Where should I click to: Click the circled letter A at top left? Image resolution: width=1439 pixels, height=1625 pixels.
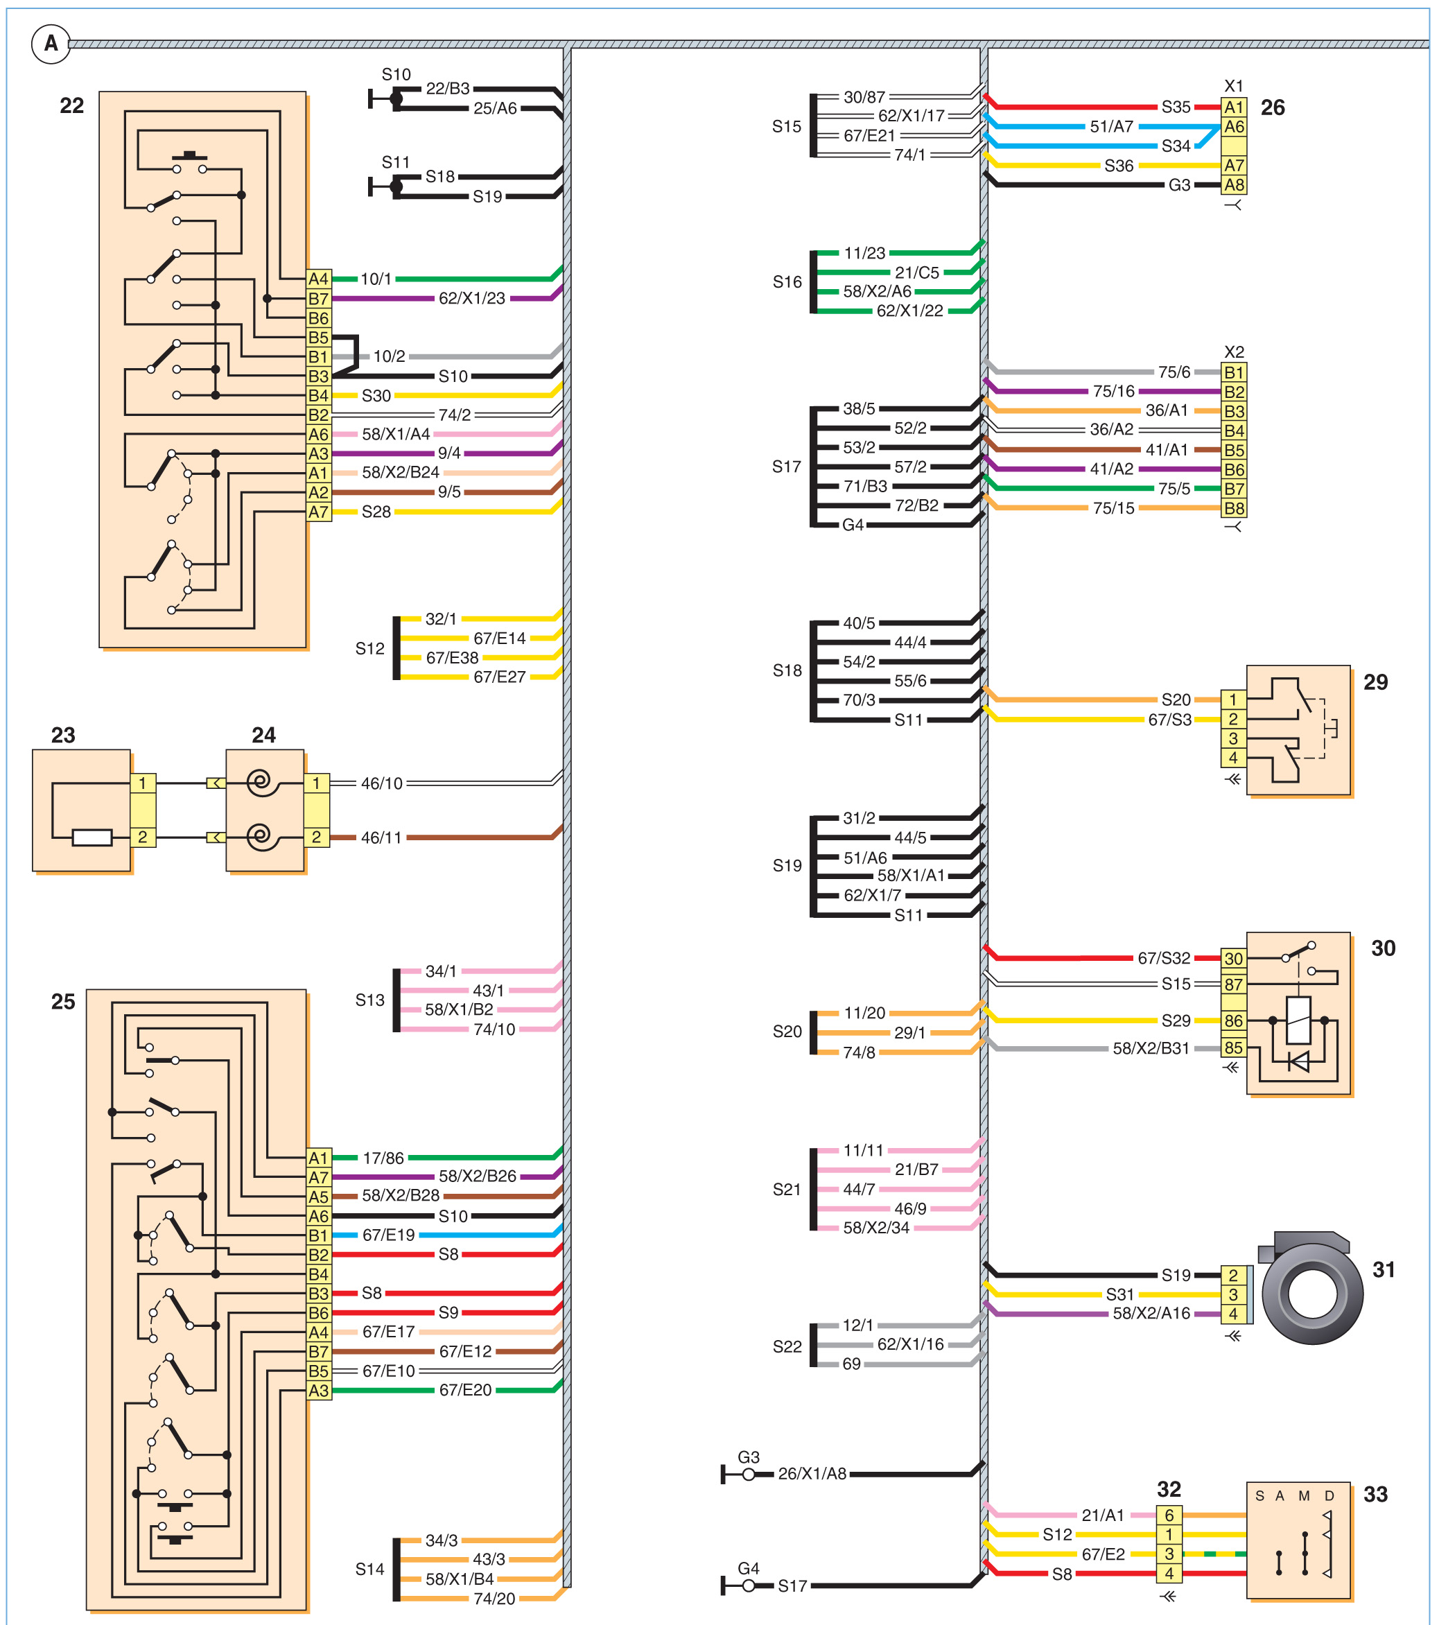click(x=51, y=44)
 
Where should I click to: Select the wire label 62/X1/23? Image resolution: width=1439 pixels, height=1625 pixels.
click(x=471, y=298)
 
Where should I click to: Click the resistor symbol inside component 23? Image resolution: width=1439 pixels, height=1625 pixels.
click(x=91, y=837)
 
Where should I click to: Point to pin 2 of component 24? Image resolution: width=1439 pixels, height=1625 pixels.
click(x=316, y=837)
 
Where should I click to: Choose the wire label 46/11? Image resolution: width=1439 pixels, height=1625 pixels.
click(x=382, y=838)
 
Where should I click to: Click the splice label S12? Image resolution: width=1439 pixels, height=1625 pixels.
click(x=369, y=649)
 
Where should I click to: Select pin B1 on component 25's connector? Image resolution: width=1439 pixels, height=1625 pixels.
click(x=318, y=1235)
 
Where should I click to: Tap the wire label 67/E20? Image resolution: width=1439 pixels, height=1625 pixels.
click(x=465, y=1390)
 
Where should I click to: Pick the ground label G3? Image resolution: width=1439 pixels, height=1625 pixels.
click(x=748, y=1457)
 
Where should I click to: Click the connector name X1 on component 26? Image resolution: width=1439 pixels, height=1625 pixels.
click(x=1233, y=86)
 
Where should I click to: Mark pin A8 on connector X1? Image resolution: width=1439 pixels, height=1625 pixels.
click(x=1234, y=185)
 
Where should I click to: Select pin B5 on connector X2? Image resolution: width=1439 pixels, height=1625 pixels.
click(x=1234, y=450)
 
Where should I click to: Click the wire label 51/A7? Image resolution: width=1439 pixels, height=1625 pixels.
click(x=1110, y=126)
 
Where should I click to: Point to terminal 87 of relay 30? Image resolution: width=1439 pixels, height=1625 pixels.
click(x=1233, y=984)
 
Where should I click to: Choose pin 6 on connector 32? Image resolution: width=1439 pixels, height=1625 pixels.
click(x=1169, y=1515)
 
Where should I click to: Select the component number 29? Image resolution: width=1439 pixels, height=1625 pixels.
click(x=1375, y=682)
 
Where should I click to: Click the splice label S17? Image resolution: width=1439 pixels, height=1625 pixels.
click(x=786, y=467)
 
